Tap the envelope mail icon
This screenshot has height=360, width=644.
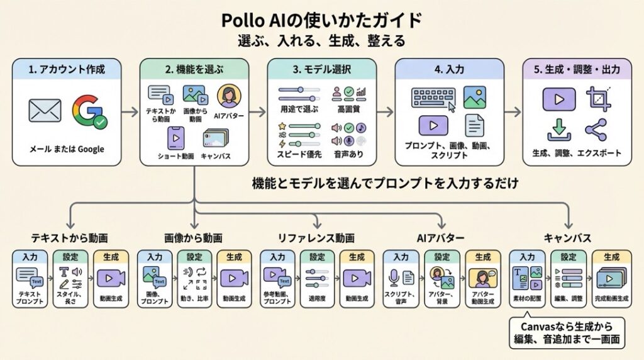pyautogui.click(x=45, y=111)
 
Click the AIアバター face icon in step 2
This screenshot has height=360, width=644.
pyautogui.click(x=227, y=96)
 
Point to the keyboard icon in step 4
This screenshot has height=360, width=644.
pyautogui.click(x=433, y=99)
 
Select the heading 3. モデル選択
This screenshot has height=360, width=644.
pyautogui.click(x=321, y=70)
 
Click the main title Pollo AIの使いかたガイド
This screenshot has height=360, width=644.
pyautogui.click(x=321, y=20)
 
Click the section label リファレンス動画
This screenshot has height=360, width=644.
pyautogui.click(x=316, y=238)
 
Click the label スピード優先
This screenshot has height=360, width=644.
pyautogui.click(x=299, y=154)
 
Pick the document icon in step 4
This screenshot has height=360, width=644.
pyautogui.click(x=474, y=125)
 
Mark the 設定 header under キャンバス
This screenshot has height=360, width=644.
pyautogui.click(x=568, y=257)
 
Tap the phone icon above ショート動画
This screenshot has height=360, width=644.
pyautogui.click(x=174, y=137)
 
